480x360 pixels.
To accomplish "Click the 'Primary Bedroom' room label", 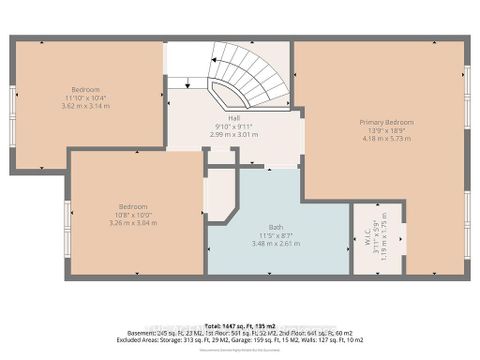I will [x=386, y=122].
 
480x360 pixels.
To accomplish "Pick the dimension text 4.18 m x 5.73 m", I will [x=386, y=140].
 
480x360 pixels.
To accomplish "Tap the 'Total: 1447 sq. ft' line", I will [x=240, y=327].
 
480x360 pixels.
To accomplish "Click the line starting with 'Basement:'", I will [x=240, y=334].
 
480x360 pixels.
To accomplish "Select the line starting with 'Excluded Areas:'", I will [x=240, y=341].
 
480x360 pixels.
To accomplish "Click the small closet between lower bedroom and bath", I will [x=218, y=195].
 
